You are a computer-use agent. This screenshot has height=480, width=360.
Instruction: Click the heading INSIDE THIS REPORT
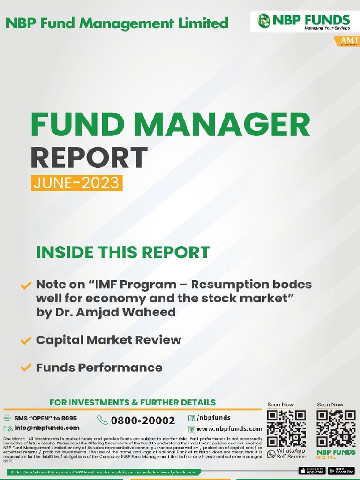[x=123, y=252]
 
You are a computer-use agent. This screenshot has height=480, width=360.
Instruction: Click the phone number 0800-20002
[x=143, y=420]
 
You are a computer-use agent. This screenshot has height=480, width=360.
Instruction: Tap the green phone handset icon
[x=102, y=420]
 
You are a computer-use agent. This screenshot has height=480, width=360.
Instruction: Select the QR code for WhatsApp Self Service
[x=286, y=428]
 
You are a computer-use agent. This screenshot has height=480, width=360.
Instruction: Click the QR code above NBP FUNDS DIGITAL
[x=336, y=428]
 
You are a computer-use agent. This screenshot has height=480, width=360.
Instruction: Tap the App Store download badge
[x=312, y=471]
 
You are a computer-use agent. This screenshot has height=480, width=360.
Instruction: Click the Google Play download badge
[x=341, y=471]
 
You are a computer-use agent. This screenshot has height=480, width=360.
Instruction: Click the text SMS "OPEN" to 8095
[x=45, y=418]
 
